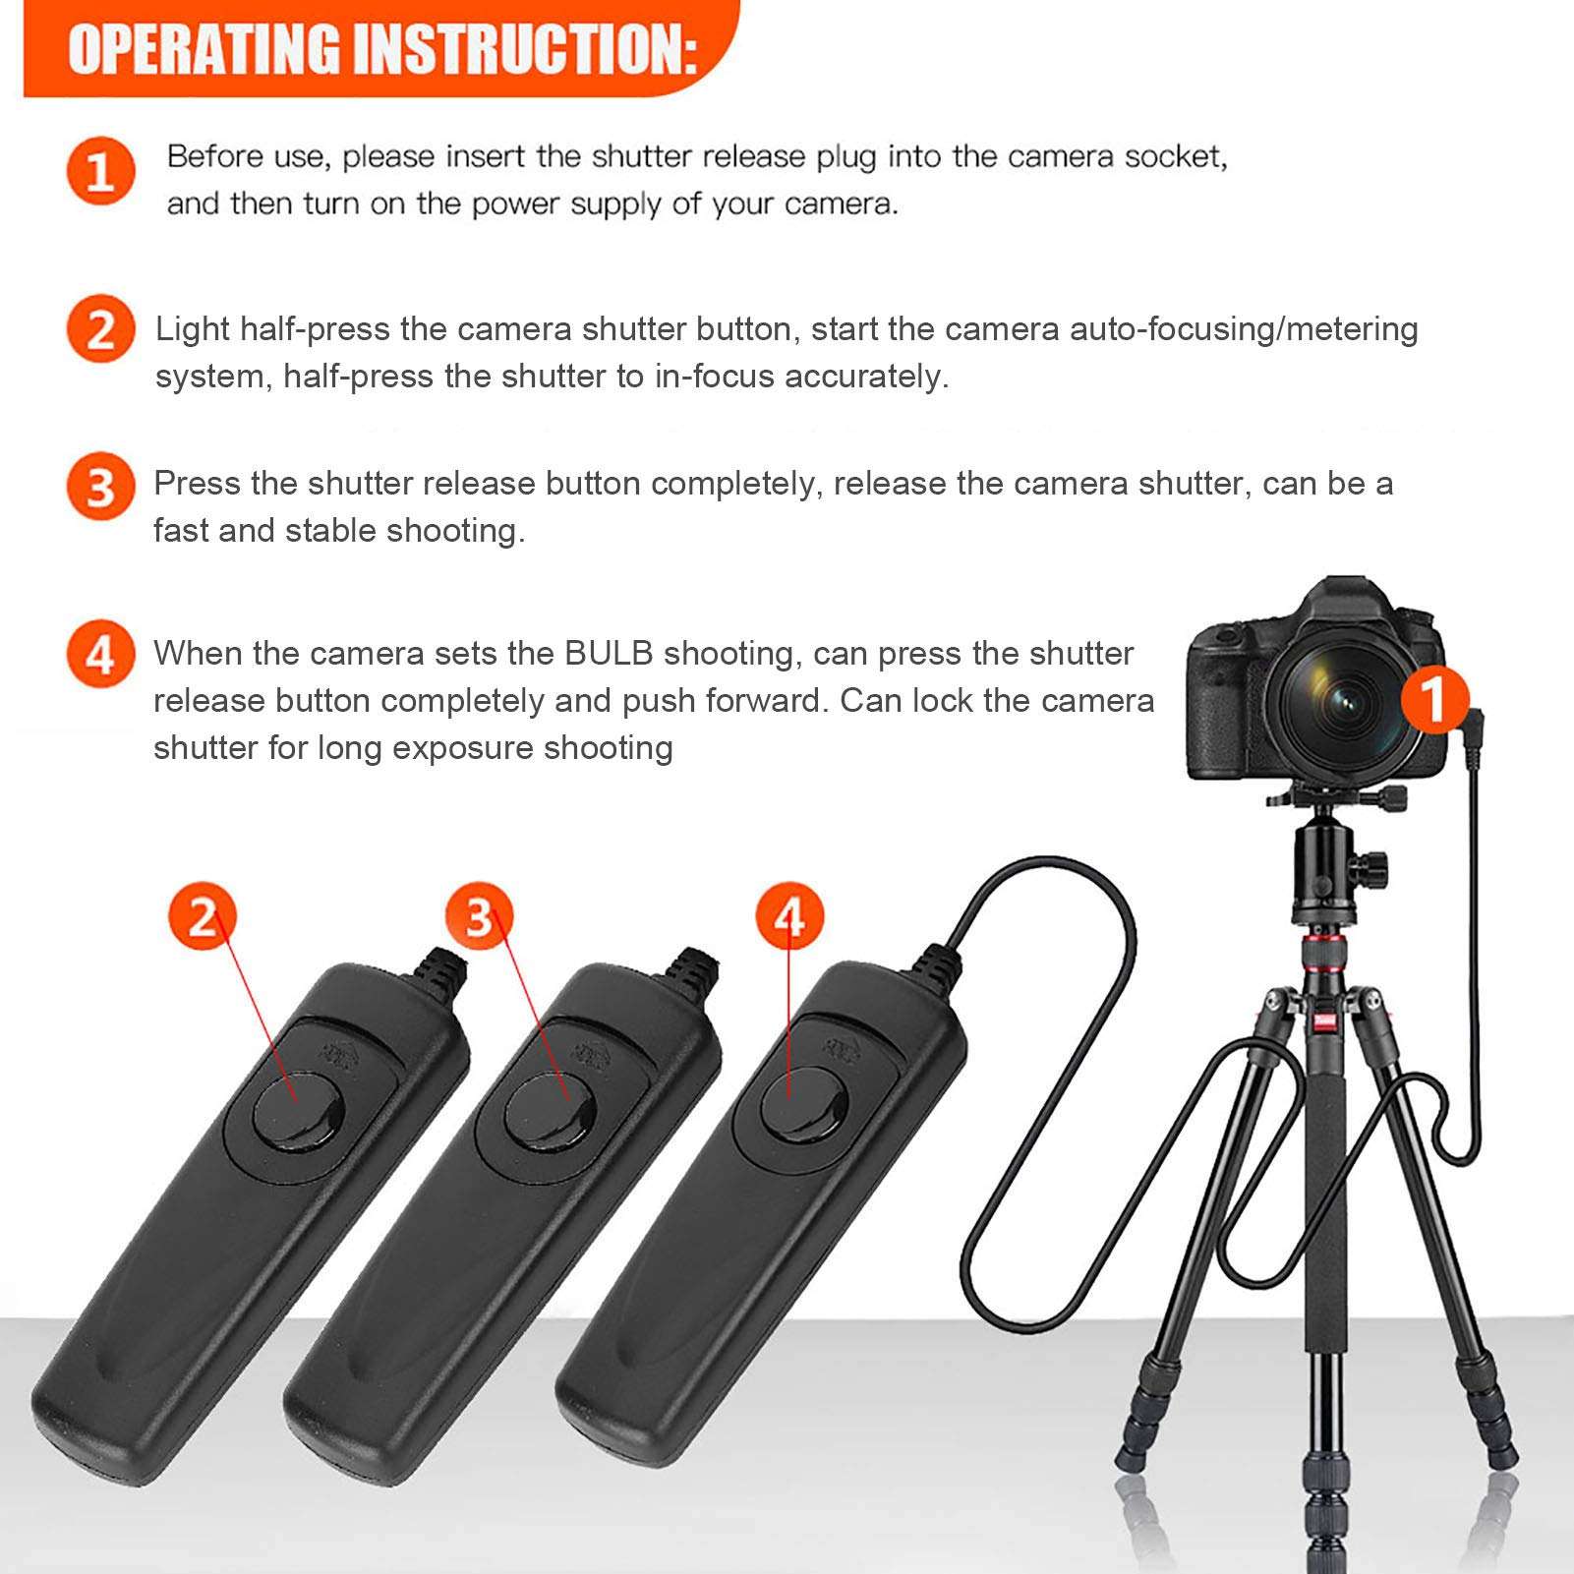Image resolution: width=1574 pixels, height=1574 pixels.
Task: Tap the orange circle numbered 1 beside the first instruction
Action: [100, 171]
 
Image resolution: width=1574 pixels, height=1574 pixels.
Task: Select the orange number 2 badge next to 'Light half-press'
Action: [100, 329]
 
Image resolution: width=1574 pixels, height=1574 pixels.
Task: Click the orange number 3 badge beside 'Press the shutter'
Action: [100, 486]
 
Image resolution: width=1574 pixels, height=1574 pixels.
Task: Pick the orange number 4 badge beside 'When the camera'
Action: [100, 654]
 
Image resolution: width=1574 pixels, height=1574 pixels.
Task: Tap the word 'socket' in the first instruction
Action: [1175, 157]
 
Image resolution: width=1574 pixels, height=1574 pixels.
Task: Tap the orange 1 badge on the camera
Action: [1434, 699]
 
